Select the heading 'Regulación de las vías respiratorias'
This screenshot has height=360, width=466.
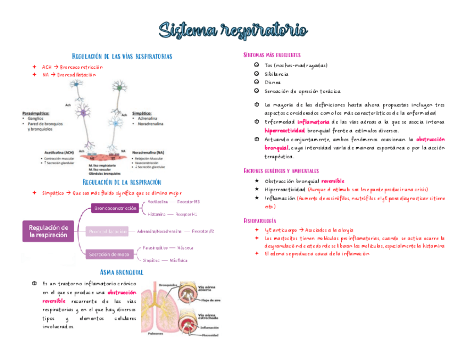coord(122,56)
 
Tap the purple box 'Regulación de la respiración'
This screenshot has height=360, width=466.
coord(48,231)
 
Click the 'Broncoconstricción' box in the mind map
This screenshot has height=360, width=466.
coord(115,208)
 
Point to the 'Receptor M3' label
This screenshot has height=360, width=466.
coord(189,202)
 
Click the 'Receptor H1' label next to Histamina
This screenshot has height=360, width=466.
coord(187,214)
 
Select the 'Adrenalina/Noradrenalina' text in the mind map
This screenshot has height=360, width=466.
coord(159,231)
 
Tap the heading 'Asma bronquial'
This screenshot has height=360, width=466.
coord(122,272)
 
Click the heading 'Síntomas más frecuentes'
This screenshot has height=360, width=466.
coord(271,55)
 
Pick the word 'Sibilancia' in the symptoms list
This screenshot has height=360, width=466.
coord(276,74)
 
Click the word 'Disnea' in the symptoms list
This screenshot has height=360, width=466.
coord(273,82)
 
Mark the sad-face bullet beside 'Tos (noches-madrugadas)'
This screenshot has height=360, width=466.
coord(256,65)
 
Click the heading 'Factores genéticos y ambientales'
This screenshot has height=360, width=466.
coord(281,171)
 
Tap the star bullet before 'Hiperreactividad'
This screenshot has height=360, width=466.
coord(256,189)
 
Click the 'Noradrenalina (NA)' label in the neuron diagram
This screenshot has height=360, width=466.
coord(148,153)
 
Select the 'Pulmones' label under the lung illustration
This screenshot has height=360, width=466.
coord(156,334)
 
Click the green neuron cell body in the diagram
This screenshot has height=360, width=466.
coord(118,86)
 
